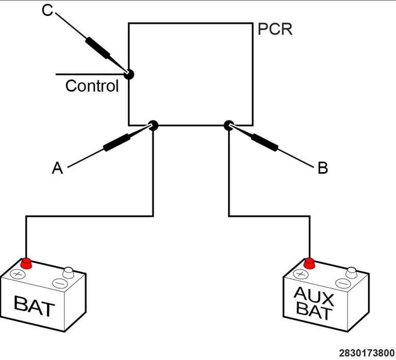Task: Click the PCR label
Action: click(x=275, y=29)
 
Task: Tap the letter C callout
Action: click(x=47, y=11)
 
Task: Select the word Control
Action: click(x=92, y=86)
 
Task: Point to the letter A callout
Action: click(x=57, y=168)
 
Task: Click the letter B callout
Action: click(x=323, y=168)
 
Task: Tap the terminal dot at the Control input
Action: click(x=129, y=75)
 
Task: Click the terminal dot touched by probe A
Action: click(x=153, y=125)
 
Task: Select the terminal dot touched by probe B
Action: click(x=229, y=125)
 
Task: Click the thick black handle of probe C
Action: click(x=98, y=48)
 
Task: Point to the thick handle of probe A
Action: click(x=117, y=143)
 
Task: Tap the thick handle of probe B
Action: click(x=265, y=143)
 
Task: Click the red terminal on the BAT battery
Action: click(x=26, y=263)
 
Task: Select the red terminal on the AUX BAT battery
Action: click(x=309, y=263)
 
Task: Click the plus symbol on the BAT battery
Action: click(x=17, y=274)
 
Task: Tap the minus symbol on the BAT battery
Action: click(x=60, y=284)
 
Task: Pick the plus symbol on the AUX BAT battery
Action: click(x=301, y=274)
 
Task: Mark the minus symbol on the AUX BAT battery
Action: click(x=343, y=284)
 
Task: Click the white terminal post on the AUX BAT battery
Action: click(x=351, y=273)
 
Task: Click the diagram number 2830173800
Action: click(x=367, y=353)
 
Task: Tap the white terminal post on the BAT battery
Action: click(x=68, y=273)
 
